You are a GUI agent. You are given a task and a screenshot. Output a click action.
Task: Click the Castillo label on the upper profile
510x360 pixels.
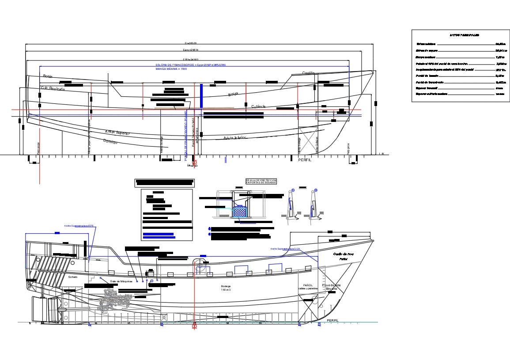[x=308, y=73]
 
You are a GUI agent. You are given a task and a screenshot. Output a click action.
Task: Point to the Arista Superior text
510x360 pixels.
[x=117, y=133]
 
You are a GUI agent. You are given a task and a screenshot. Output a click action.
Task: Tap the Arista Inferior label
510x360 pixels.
[x=234, y=138]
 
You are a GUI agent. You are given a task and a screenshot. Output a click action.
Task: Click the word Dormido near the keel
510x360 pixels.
[x=110, y=141]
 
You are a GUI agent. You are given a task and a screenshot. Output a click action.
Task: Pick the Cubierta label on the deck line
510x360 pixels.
[x=259, y=106]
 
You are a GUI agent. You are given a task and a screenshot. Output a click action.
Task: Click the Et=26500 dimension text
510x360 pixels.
[x=190, y=43]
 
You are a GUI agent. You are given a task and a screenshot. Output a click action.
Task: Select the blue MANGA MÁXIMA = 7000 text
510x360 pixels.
[x=171, y=69]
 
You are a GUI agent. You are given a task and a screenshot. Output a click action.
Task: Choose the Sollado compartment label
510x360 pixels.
[x=72, y=277]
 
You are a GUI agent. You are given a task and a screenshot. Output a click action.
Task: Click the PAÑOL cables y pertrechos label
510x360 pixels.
[x=308, y=287]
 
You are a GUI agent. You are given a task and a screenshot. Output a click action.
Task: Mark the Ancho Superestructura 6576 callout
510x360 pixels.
[x=79, y=226]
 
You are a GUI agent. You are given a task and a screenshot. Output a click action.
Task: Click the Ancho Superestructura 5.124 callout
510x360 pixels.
[x=285, y=249]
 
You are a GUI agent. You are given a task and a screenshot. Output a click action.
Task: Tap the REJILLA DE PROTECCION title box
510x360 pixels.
[x=261, y=181]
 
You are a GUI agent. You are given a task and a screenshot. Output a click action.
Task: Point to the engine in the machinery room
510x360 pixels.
[x=114, y=300]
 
